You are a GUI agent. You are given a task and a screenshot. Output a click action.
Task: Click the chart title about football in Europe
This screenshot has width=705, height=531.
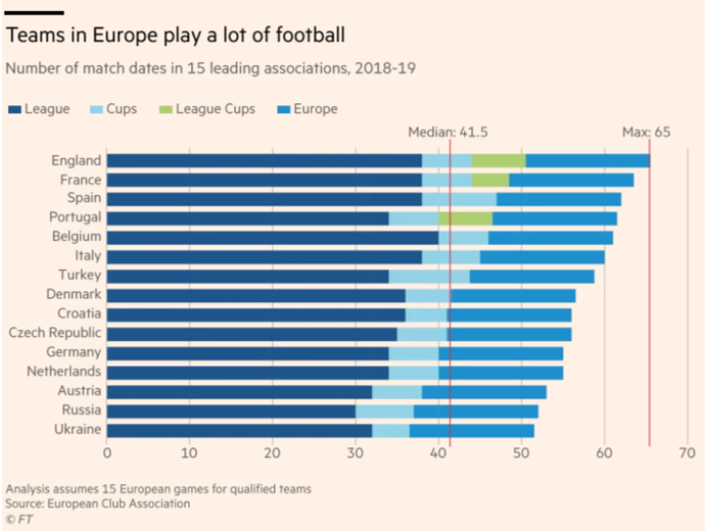(x=176, y=36)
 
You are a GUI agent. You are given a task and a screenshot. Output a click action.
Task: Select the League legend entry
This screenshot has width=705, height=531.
(x=39, y=109)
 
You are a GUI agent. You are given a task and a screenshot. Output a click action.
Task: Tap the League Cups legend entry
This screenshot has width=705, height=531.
(x=206, y=109)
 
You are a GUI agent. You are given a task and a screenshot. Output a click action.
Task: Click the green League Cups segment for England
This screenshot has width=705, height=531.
(x=498, y=161)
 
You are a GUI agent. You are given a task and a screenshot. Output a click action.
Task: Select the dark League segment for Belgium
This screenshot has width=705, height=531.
(x=272, y=237)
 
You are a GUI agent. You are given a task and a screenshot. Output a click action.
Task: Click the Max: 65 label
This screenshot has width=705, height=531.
(x=646, y=133)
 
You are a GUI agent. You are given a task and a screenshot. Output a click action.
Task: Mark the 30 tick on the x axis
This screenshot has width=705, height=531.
(x=356, y=453)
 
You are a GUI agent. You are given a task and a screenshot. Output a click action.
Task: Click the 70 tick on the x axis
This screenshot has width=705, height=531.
(x=687, y=453)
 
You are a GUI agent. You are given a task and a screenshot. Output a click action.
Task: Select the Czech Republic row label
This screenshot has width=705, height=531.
(x=54, y=333)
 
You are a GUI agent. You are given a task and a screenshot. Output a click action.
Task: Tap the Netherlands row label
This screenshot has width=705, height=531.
(x=62, y=371)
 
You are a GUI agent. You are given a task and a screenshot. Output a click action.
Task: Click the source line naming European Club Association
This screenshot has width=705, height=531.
(x=98, y=504)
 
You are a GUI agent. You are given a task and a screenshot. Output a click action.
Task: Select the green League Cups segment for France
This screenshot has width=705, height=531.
(x=490, y=180)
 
